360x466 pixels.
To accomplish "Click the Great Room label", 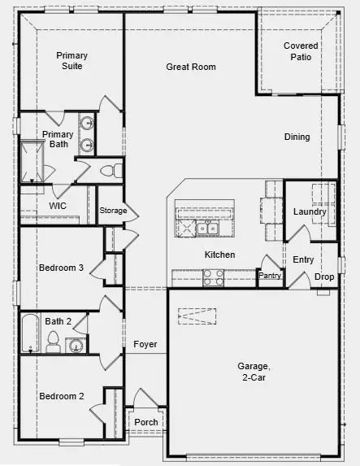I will [x=191, y=67].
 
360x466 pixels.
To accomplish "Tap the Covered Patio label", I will [x=301, y=52].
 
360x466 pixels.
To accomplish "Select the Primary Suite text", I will [x=72, y=61].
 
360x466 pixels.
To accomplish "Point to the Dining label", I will [x=297, y=137].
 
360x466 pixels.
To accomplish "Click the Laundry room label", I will [x=310, y=212].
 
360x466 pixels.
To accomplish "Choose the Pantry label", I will [x=269, y=277].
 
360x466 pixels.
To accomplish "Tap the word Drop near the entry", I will [x=324, y=277].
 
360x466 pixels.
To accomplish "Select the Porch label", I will [x=146, y=423].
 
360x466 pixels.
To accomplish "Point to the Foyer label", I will [x=146, y=345].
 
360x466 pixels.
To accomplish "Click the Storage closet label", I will [x=113, y=211].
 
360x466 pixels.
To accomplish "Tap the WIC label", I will [x=58, y=207].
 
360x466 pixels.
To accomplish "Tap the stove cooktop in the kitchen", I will [x=213, y=279].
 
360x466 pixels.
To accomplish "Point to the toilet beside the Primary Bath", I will [x=115, y=171].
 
